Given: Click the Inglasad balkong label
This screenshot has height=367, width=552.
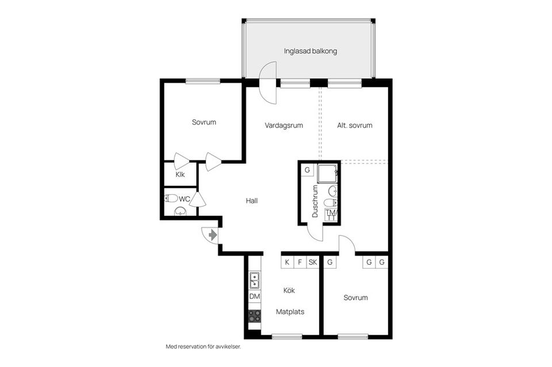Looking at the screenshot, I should pyautogui.click(x=310, y=51).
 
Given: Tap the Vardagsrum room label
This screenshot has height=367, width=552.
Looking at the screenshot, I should pyautogui.click(x=283, y=125).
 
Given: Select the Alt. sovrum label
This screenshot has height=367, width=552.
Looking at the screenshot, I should pyautogui.click(x=354, y=125).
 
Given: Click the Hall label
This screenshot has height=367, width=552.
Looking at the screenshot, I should pyautogui.click(x=251, y=201).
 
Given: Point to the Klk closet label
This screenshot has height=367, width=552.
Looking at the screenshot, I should pyautogui.click(x=180, y=175).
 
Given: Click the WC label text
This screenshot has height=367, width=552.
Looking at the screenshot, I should pyautogui.click(x=184, y=199).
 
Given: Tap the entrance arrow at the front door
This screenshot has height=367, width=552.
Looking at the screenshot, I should pyautogui.click(x=212, y=234).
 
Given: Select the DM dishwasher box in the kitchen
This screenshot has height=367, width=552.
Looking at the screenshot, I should pyautogui.click(x=254, y=296).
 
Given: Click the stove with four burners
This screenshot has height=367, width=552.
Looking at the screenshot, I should pyautogui.click(x=254, y=316).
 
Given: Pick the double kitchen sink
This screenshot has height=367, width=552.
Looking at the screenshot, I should pyautogui.click(x=254, y=280).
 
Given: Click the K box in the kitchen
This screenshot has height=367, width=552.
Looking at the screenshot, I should pyautogui.click(x=286, y=262).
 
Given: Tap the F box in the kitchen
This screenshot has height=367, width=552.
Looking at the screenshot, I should pyautogui.click(x=300, y=262).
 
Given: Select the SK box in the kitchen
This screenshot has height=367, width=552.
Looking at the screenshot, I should pyautogui.click(x=312, y=262).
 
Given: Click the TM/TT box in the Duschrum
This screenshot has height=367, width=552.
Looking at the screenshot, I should pyautogui.click(x=331, y=215).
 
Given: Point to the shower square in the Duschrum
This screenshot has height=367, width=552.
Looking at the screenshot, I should pyautogui.click(x=328, y=172).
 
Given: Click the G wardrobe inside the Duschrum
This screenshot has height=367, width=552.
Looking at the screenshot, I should pyautogui.click(x=307, y=170).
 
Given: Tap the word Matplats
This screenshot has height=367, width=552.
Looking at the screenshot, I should pyautogui.click(x=290, y=312).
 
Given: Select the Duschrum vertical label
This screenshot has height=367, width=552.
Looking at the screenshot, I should pyautogui.click(x=315, y=201).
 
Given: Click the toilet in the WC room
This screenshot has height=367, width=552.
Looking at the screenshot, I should pyautogui.click(x=171, y=198).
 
